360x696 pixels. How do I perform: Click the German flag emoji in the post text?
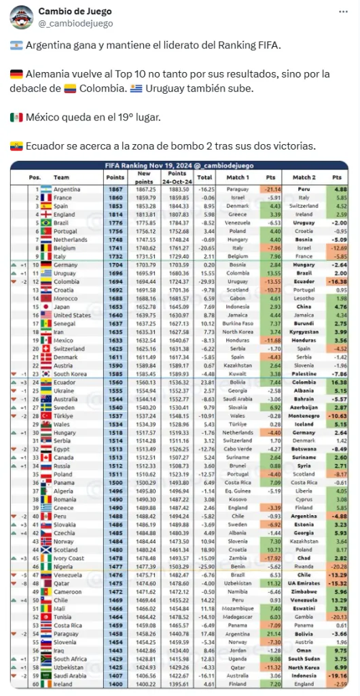click(16, 73)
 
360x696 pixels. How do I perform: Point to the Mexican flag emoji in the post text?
click(16, 117)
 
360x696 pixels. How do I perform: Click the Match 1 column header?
click(238, 176)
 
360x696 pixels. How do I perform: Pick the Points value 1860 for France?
click(115, 197)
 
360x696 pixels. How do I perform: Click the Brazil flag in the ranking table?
click(45, 222)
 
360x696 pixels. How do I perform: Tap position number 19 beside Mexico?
click(37, 340)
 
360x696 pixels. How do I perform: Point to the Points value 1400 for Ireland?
click(115, 684)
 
